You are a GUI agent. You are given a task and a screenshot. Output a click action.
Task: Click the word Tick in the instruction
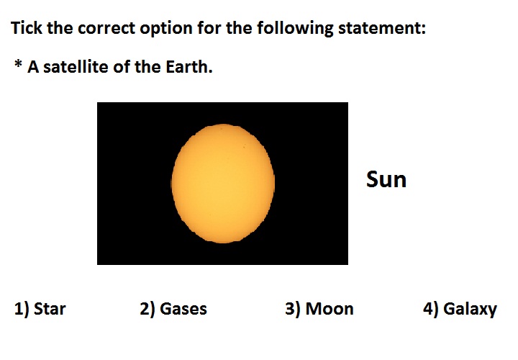pyautogui.click(x=27, y=27)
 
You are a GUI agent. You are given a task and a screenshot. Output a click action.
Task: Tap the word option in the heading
pyautogui.click(x=166, y=29)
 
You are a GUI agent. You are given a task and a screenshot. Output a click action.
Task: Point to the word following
pyautogui.click(x=295, y=28)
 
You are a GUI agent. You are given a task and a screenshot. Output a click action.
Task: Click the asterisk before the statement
pyautogui.click(x=18, y=63)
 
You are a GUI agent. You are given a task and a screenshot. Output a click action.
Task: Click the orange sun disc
pyautogui.click(x=223, y=184)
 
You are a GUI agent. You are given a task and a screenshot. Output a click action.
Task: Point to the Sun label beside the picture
pyautogui.click(x=386, y=179)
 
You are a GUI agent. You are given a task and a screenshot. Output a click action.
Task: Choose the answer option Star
pyautogui.click(x=50, y=309)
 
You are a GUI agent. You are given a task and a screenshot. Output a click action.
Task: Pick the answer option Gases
pyautogui.click(x=183, y=309)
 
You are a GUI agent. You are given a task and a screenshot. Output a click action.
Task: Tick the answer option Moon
pyautogui.click(x=330, y=309)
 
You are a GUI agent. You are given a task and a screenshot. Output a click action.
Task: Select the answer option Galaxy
pyautogui.click(x=470, y=310)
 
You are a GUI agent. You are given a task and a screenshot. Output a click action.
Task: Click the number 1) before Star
pyautogui.click(x=22, y=309)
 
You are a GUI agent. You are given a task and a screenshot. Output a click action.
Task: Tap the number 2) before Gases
pyautogui.click(x=147, y=309)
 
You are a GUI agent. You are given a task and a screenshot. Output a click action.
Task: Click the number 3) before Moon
pyautogui.click(x=293, y=309)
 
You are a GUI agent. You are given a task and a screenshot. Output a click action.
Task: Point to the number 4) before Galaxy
pyautogui.click(x=430, y=309)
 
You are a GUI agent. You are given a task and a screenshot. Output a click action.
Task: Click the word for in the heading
pyautogui.click(x=209, y=27)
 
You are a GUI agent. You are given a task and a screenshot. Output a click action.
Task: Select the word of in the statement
pyautogui.click(x=122, y=66)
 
